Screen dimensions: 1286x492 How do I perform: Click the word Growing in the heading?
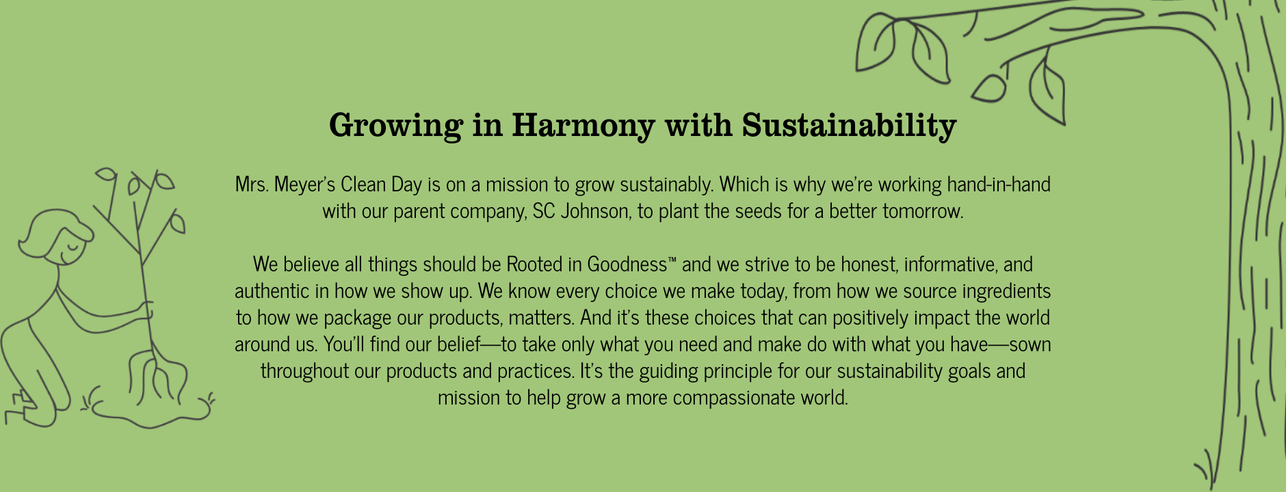tap(395, 126)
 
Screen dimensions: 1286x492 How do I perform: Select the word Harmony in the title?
tap(583, 126)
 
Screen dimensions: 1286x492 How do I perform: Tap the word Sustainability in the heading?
tap(849, 126)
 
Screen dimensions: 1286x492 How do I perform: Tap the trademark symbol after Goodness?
tap(672, 260)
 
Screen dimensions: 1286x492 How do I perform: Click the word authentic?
tap(272, 291)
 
